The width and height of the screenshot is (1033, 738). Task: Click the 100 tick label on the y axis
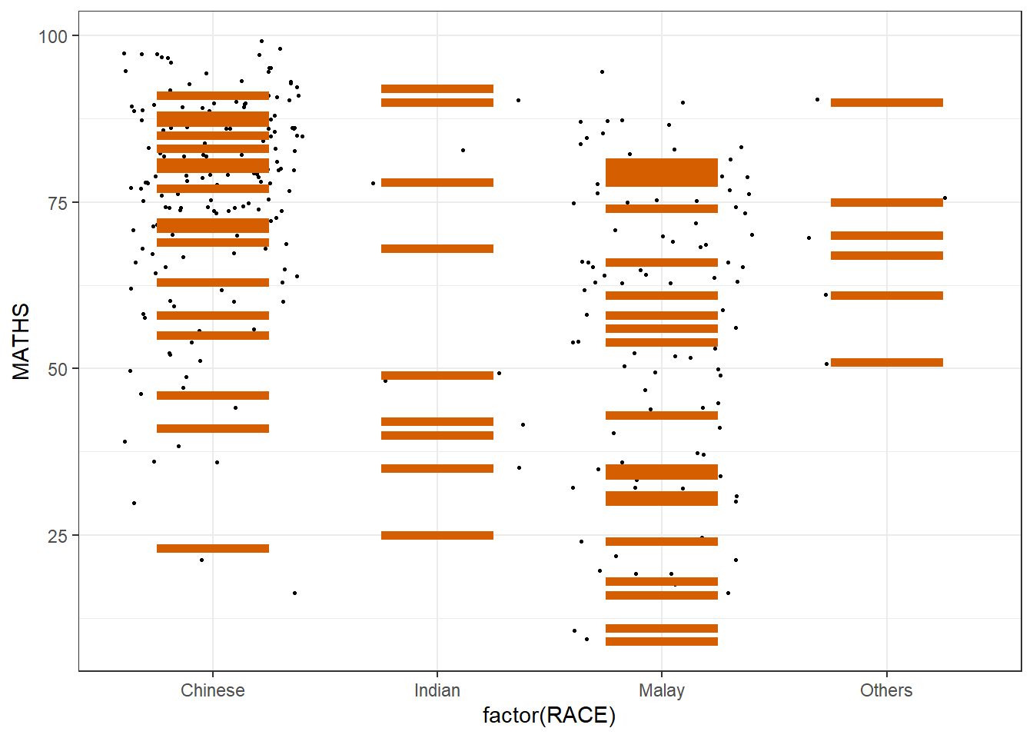coord(53,36)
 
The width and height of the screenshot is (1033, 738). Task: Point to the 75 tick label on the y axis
coord(58,203)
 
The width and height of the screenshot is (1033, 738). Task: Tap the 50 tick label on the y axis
coord(58,369)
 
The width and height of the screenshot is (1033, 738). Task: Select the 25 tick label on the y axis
coord(58,536)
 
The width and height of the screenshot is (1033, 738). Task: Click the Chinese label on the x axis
coord(213,690)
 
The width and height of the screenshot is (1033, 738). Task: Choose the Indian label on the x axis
coord(437,690)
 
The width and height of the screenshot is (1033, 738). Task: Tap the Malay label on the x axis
coord(662,690)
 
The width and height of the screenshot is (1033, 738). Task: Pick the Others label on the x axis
coord(886,690)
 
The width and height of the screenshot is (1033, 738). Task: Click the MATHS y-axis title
coord(22,341)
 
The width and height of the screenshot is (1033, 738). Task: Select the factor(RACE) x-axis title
coord(549,716)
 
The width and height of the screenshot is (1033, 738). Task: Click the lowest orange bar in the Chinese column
coord(213,548)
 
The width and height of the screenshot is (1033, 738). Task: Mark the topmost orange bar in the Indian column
coord(437,89)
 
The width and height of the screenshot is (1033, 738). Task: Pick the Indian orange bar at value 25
coord(437,535)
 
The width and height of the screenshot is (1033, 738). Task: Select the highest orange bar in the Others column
coord(886,102)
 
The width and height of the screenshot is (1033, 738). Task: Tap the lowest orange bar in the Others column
coord(886,362)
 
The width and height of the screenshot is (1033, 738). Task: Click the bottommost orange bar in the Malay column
coord(662,641)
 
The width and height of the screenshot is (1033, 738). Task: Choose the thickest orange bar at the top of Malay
coord(662,172)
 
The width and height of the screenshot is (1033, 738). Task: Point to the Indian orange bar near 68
coord(437,248)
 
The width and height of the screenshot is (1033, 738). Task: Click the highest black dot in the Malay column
coord(602,71)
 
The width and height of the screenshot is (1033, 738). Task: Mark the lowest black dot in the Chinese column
coord(294,593)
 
